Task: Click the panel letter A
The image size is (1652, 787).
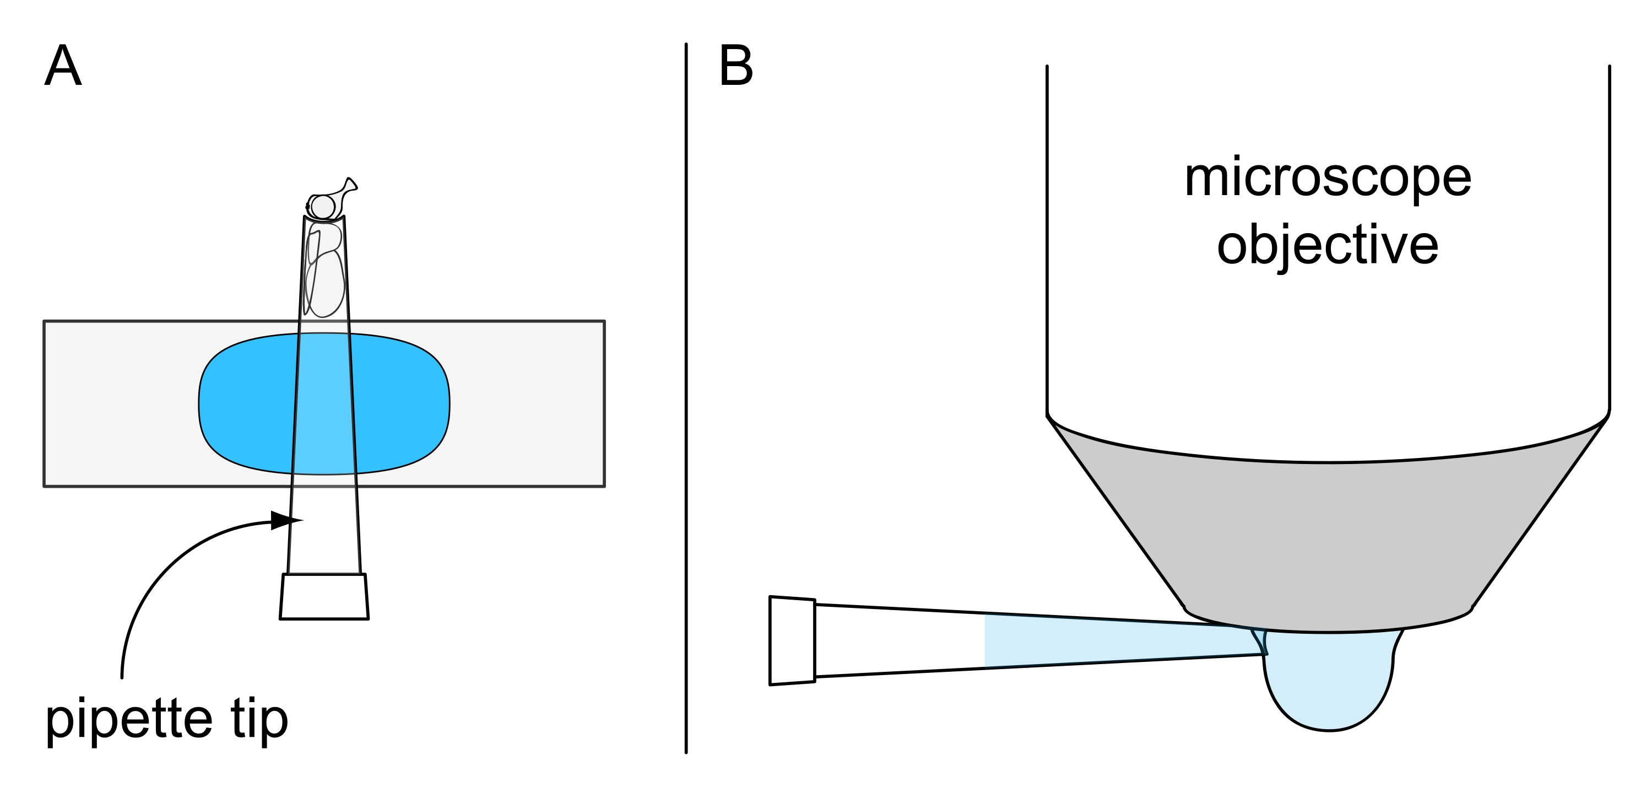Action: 63,66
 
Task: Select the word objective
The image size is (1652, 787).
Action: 1328,246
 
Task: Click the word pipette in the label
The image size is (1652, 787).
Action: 128,719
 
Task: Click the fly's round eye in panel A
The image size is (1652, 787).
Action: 323,207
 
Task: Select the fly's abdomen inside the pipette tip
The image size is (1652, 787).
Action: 327,285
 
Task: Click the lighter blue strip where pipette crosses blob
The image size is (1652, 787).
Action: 324,403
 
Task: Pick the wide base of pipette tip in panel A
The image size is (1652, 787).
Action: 324,596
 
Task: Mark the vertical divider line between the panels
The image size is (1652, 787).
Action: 686,398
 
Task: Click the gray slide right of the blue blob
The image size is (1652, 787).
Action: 526,403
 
